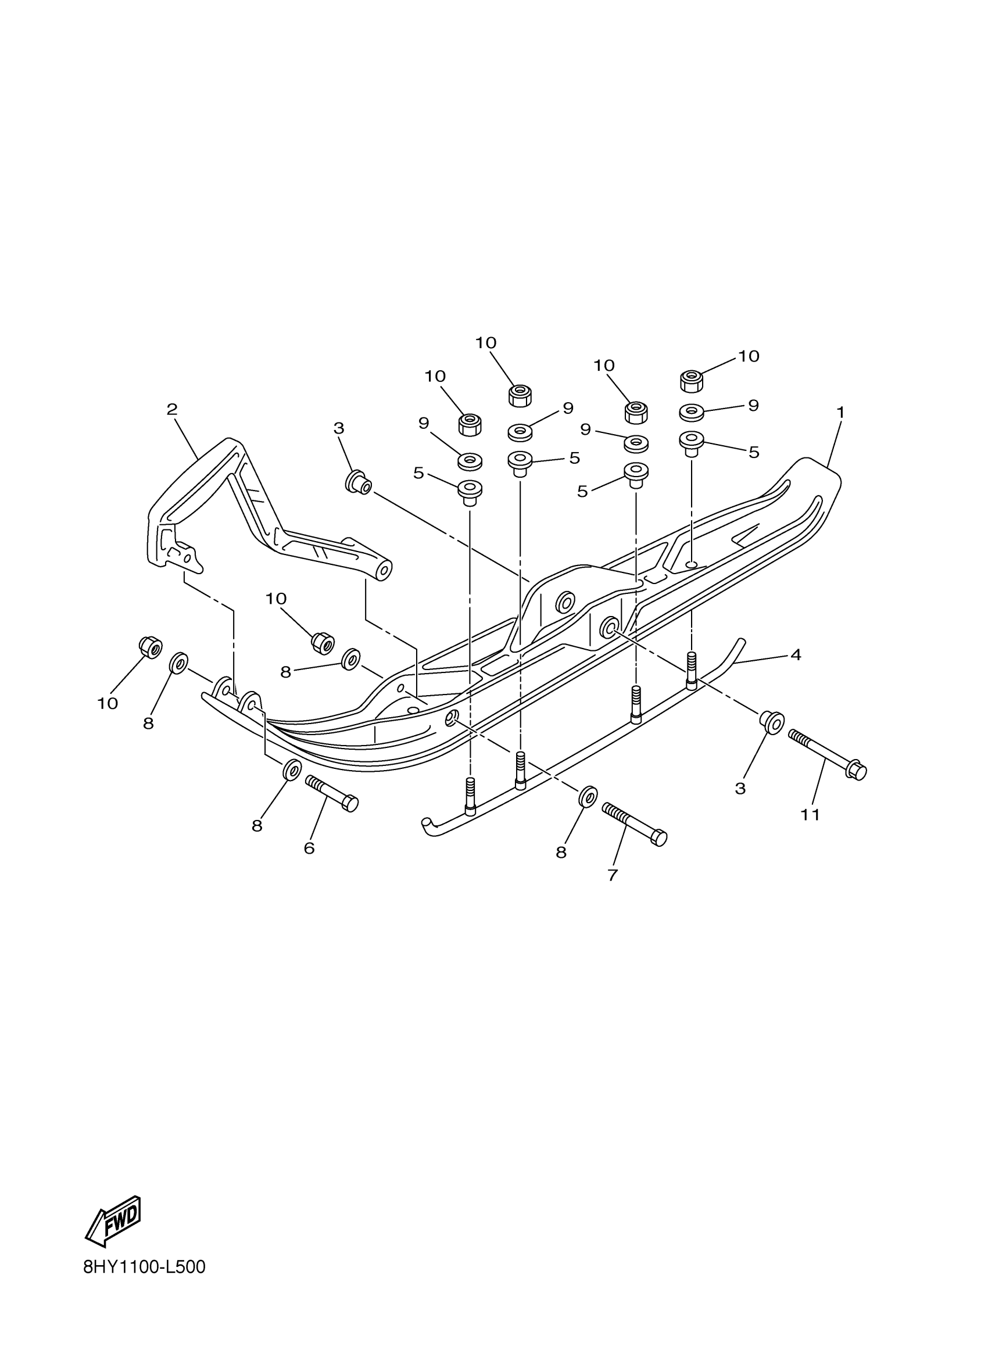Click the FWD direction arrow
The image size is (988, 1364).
tap(114, 1220)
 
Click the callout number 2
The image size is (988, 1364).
tap(172, 410)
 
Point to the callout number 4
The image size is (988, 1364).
tap(796, 654)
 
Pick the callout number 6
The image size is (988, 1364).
tap(309, 848)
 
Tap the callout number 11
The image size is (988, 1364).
tap(810, 814)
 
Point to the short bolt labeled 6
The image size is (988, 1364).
tap(332, 793)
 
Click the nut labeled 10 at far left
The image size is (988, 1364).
tap(151, 647)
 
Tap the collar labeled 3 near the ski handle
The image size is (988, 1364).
tap(358, 482)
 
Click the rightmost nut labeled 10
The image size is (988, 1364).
tap(692, 381)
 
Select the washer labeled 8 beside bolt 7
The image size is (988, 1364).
tap(588, 796)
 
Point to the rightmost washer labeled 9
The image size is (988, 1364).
tap(692, 413)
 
